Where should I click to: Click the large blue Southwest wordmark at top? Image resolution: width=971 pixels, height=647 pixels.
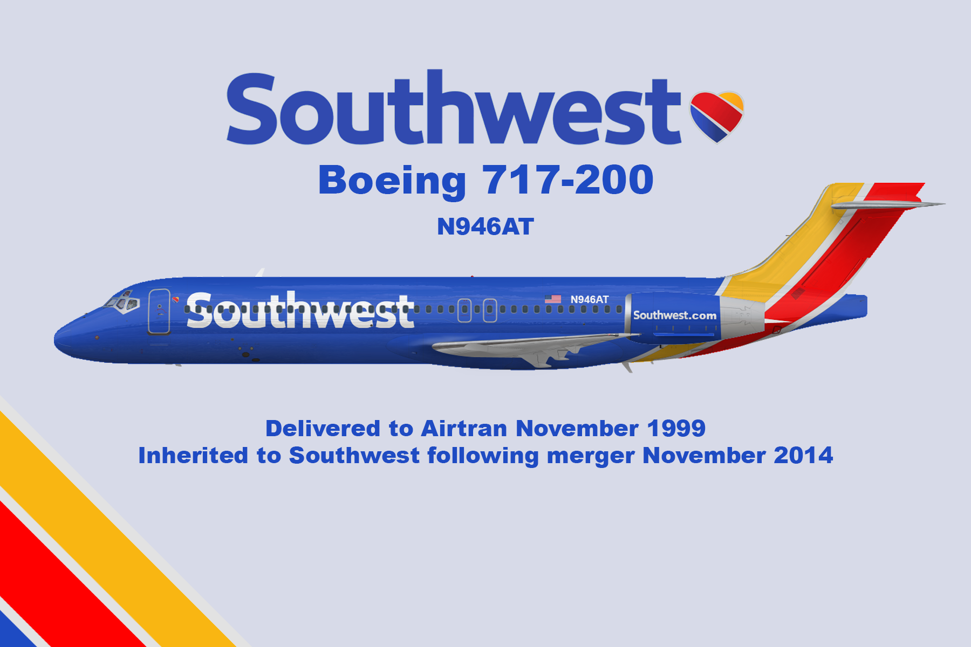[454, 108]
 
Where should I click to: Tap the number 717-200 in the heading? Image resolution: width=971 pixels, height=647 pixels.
[567, 180]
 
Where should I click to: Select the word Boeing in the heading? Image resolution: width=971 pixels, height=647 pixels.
[392, 181]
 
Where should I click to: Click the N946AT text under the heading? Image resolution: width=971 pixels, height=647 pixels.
[485, 226]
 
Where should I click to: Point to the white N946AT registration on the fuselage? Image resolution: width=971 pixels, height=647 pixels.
[590, 299]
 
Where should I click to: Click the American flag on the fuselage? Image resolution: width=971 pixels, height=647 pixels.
[553, 299]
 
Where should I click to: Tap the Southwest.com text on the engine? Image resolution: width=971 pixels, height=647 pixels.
[675, 315]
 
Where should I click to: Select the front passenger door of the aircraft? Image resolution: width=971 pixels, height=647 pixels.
[159, 312]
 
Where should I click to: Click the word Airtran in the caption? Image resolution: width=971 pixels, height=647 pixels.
[464, 429]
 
